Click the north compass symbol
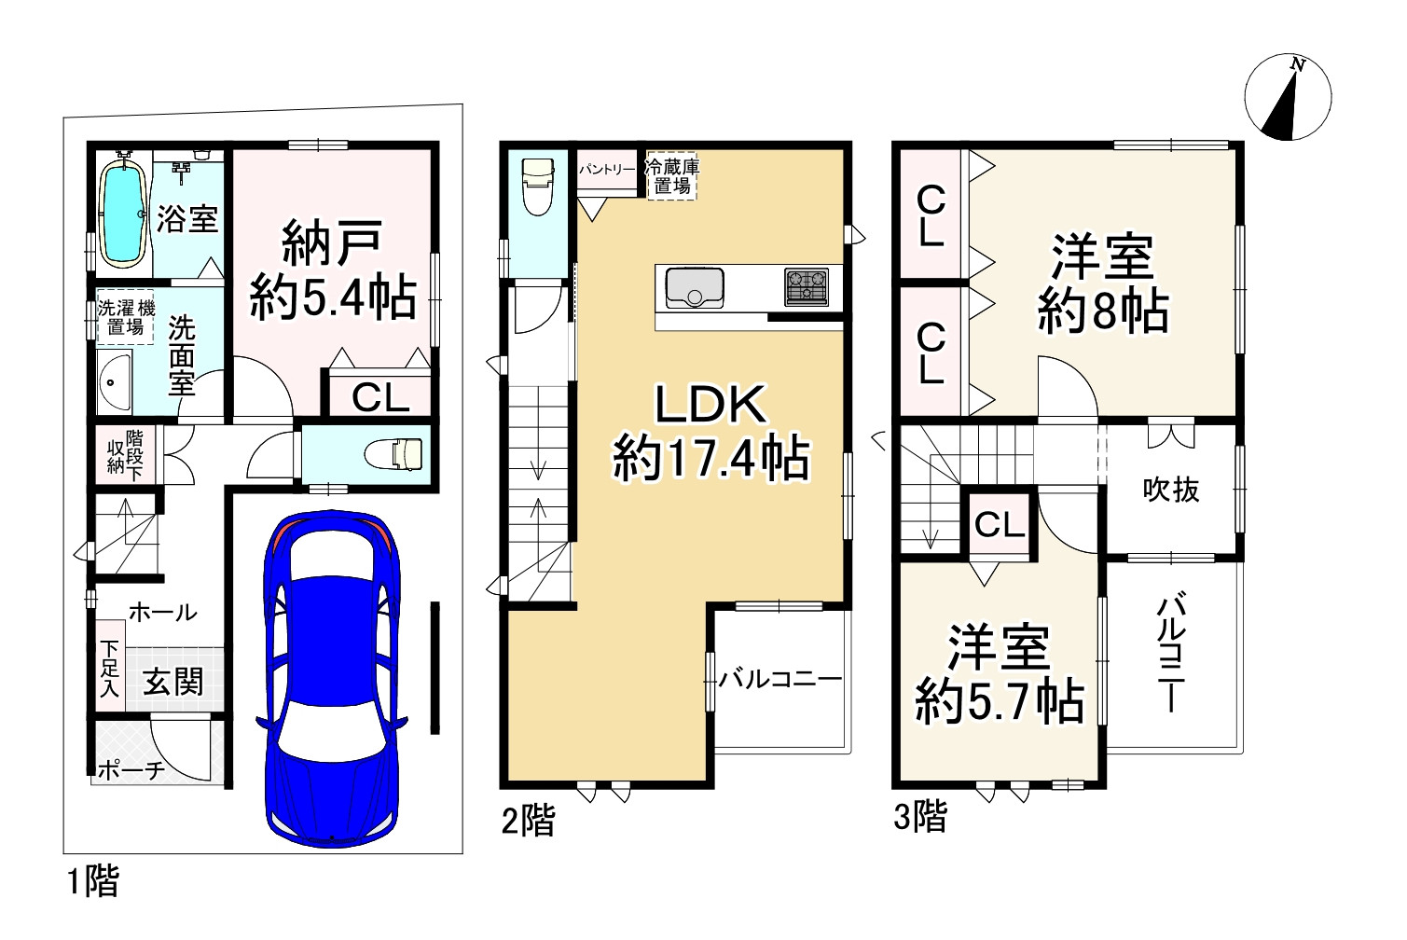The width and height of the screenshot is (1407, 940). click(1288, 98)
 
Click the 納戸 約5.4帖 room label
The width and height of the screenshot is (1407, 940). click(333, 271)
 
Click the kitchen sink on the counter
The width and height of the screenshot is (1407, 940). click(694, 287)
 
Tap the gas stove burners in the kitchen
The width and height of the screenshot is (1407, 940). click(807, 286)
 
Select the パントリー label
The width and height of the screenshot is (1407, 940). click(607, 170)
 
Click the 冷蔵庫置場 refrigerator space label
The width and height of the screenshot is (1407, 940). click(671, 176)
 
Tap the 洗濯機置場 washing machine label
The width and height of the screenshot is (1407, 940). click(126, 318)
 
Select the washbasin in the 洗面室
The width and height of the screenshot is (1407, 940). click(114, 382)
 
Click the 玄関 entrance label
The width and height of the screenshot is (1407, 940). click(173, 681)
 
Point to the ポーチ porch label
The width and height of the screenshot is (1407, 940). click(131, 769)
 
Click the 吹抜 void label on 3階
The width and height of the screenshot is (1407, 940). click(1171, 489)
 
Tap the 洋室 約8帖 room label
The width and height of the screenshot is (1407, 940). click(1103, 285)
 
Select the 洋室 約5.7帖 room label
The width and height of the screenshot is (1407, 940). click(1000, 675)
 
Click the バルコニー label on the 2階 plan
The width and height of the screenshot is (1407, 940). click(780, 679)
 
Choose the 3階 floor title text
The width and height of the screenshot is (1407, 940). click(920, 817)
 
